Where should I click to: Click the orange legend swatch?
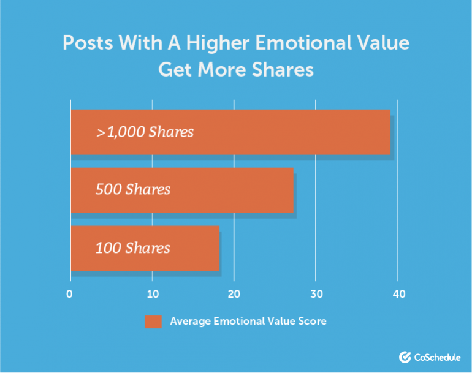pos(153,322)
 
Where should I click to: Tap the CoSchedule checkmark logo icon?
pos(405,357)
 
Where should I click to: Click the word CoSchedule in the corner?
pos(437,357)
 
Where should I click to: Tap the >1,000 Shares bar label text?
pos(145,132)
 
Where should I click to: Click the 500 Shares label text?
pos(133,190)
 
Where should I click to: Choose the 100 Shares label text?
pos(133,248)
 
